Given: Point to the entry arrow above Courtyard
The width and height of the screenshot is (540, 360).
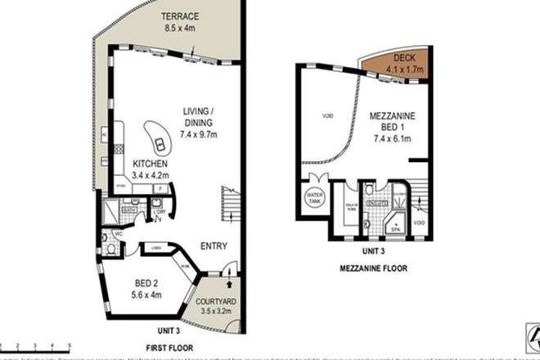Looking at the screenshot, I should [228, 283].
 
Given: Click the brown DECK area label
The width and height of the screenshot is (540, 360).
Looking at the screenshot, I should [405, 59].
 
